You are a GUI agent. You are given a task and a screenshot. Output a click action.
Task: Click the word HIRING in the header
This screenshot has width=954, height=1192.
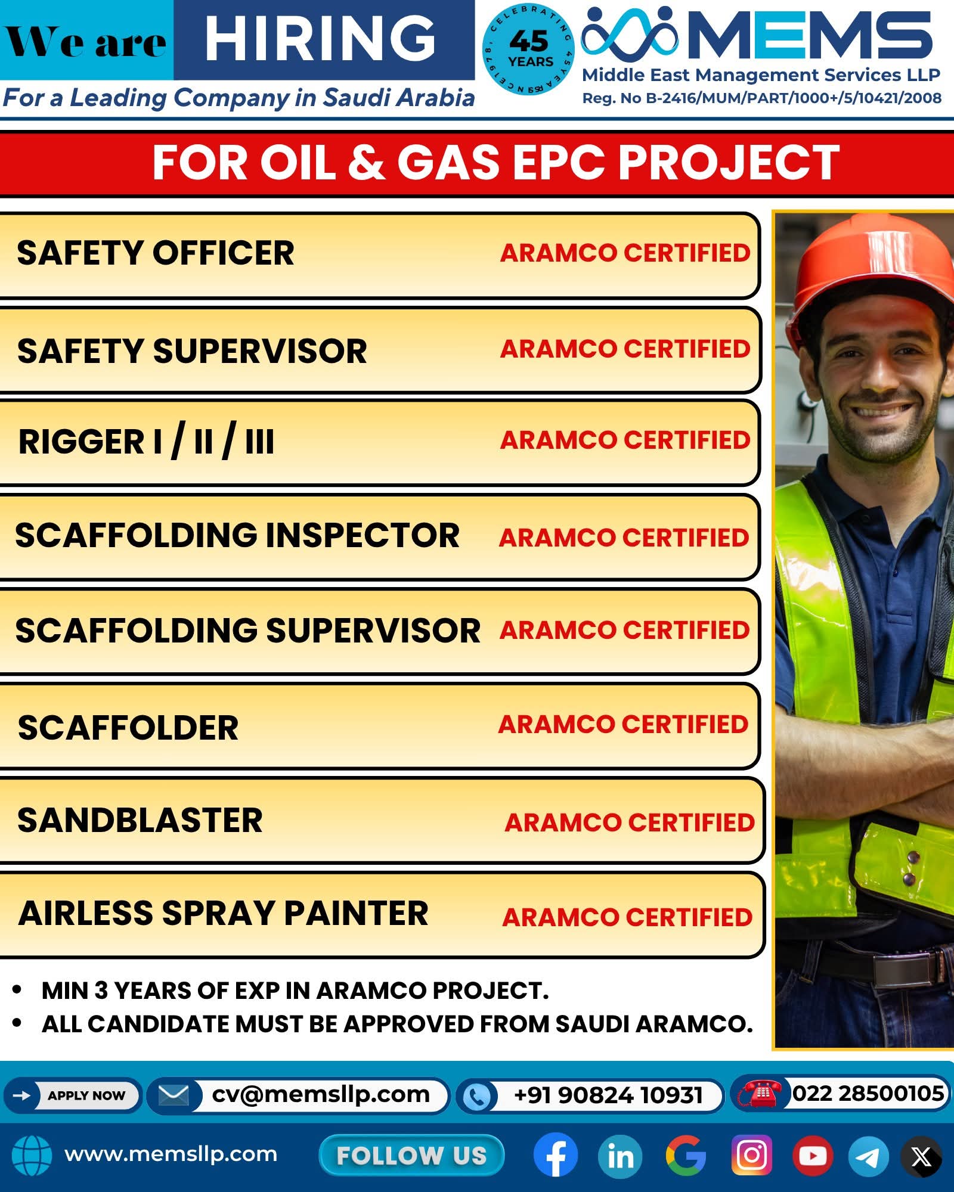(320, 39)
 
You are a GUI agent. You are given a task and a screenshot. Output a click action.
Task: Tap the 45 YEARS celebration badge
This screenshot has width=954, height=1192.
(528, 51)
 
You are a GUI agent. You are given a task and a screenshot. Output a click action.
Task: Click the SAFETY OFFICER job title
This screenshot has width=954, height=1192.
(156, 253)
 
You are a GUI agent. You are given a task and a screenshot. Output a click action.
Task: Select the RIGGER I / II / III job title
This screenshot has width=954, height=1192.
(146, 441)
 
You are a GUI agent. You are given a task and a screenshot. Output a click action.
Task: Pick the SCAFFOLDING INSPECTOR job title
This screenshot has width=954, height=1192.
(237, 535)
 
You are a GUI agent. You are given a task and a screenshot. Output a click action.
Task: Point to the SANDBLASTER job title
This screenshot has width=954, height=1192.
(140, 821)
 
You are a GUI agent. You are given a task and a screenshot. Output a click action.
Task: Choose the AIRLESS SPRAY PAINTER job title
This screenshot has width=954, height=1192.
(224, 914)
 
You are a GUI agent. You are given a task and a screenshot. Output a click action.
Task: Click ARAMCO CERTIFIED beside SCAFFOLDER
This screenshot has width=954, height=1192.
(624, 725)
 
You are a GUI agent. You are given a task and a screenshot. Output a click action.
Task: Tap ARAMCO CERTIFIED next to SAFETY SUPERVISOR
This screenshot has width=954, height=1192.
(625, 349)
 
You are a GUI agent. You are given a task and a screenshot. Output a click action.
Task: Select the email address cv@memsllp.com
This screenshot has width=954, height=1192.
(321, 1095)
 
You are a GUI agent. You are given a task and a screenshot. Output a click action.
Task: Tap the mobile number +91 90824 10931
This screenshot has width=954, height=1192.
(608, 1095)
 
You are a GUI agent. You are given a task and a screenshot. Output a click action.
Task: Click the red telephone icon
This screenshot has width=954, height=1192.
(760, 1093)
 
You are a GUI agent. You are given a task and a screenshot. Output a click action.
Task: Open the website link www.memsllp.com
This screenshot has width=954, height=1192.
(171, 1154)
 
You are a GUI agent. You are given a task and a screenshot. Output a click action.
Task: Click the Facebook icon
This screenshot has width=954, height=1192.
(556, 1155)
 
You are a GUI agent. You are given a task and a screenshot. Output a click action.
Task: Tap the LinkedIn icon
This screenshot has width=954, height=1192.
(620, 1156)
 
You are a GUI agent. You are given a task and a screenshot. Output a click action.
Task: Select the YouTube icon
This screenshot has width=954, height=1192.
(813, 1156)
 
